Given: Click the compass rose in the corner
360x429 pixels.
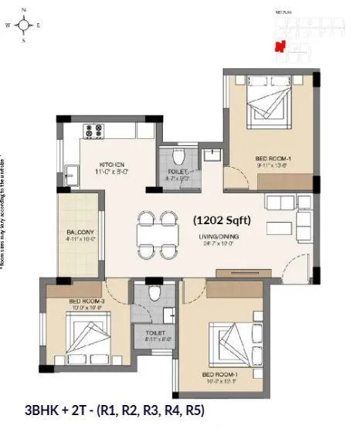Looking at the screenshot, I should [x=25, y=24].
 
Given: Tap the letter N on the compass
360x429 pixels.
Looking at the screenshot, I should [x=25, y=9].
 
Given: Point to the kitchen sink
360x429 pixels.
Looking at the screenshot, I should [x=70, y=174].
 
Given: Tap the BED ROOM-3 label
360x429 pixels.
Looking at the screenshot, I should [x=86, y=301].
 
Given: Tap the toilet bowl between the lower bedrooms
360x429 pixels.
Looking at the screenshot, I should [x=155, y=294].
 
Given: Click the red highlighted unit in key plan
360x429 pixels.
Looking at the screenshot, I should [x=282, y=45].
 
